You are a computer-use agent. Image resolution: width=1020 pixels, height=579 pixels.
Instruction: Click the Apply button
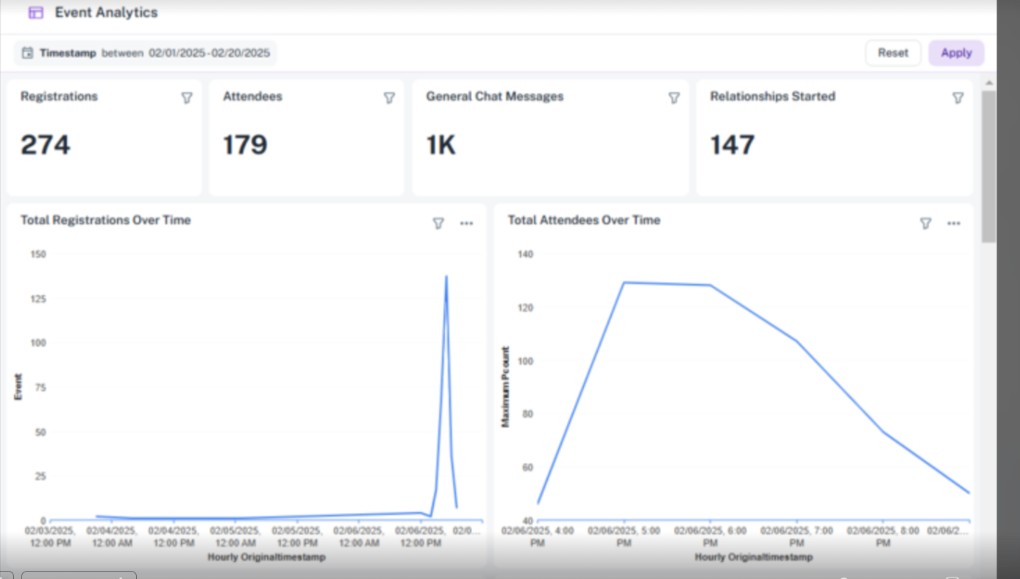click(956, 53)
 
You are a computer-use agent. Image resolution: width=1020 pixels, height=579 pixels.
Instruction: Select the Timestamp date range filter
click(146, 53)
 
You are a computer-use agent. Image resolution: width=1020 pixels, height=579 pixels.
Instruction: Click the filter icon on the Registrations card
click(187, 98)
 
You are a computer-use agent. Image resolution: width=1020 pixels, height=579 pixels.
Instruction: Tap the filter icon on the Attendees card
click(389, 98)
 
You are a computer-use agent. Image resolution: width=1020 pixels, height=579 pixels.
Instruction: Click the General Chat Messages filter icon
click(674, 98)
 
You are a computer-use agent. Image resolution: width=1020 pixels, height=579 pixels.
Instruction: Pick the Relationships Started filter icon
click(958, 98)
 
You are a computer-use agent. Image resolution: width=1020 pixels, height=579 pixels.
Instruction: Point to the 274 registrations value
click(45, 146)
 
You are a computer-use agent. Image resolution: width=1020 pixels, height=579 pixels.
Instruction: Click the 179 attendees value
click(245, 146)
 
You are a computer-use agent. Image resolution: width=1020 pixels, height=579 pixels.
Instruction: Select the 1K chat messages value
click(441, 146)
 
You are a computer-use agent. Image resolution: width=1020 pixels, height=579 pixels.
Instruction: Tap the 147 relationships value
click(732, 146)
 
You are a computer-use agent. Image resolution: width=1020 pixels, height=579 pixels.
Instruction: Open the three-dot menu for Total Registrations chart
click(466, 223)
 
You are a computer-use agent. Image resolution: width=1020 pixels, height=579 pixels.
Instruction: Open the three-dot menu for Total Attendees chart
click(954, 223)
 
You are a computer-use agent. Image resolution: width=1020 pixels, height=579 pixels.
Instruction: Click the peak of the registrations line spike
click(446, 276)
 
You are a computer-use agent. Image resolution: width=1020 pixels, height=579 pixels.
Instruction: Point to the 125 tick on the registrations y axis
click(38, 299)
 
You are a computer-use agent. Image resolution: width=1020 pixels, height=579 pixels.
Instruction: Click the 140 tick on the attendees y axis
click(525, 255)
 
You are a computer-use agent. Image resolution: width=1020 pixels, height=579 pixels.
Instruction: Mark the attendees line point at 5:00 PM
click(624, 283)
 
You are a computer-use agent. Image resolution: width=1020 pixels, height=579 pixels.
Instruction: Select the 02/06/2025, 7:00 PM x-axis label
click(796, 536)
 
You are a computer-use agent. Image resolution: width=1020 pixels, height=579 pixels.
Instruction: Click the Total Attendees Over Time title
click(584, 220)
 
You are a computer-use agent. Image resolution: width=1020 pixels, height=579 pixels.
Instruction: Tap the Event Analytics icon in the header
click(36, 13)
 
